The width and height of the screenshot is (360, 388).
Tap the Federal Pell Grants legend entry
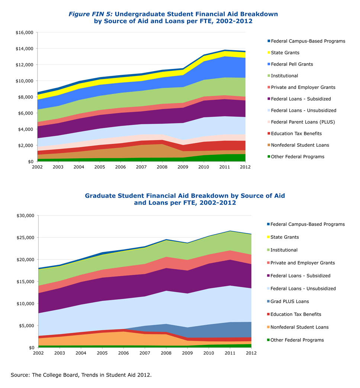coord(292,64)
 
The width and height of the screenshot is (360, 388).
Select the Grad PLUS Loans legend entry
coord(289,302)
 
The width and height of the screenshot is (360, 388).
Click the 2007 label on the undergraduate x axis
coord(141,167)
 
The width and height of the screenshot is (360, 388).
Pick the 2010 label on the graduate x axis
coord(209,353)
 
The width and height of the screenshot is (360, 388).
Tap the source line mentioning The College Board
coord(81,375)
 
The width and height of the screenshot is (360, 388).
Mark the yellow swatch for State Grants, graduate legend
coord(269,237)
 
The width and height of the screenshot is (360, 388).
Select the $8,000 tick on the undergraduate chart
coord(27,97)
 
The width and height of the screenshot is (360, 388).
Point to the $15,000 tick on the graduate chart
coord(25,282)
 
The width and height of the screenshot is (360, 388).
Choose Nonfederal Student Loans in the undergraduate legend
coord(300,145)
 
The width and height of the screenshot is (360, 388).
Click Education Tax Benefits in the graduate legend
coord(296,314)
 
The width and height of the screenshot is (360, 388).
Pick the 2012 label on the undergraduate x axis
coord(245,167)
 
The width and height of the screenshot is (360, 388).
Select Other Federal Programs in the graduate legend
coord(297,340)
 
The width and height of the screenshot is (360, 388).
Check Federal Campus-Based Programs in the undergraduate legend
coord(308,41)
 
